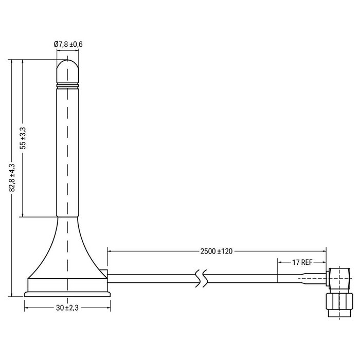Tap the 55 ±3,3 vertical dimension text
point(22,138)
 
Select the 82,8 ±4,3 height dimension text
point(11,177)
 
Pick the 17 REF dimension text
point(302,262)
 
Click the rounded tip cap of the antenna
point(68,70)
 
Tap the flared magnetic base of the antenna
point(68,257)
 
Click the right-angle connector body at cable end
point(337,278)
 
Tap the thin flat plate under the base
point(67,295)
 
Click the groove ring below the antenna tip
point(68,85)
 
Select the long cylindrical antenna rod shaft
point(68,154)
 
